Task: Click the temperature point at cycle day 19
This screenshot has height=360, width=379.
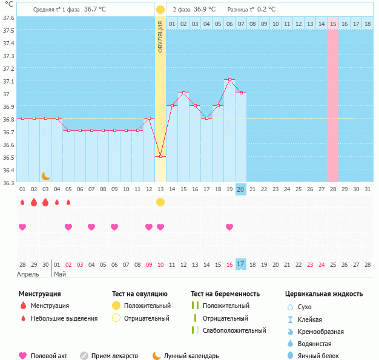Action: click(x=229, y=80)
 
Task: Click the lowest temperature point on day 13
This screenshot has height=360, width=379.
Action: click(x=160, y=157)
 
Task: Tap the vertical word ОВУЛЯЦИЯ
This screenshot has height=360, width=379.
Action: click(x=160, y=36)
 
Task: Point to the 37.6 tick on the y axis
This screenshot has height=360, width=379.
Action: click(x=8, y=18)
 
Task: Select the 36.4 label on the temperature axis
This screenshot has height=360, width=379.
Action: click(x=8, y=170)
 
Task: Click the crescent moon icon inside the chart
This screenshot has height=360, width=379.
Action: click(x=45, y=176)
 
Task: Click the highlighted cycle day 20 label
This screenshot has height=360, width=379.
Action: click(x=240, y=189)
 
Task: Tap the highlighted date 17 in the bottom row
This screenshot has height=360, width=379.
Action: click(x=240, y=264)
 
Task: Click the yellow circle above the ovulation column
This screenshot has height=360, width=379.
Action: click(x=160, y=10)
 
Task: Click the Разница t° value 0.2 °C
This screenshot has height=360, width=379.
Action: click(x=266, y=10)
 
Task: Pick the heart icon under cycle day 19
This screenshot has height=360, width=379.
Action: click(x=229, y=227)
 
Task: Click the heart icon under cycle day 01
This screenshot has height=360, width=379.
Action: click(x=22, y=227)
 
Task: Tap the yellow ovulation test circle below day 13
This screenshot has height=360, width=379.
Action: click(x=160, y=202)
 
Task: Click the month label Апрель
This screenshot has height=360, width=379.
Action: click(x=28, y=274)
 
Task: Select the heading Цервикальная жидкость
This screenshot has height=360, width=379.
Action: click(x=324, y=294)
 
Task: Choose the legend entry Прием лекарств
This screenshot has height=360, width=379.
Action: click(x=114, y=356)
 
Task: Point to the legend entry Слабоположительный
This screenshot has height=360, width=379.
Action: click(x=234, y=330)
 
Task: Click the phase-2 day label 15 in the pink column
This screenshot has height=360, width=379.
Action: click(x=333, y=24)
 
